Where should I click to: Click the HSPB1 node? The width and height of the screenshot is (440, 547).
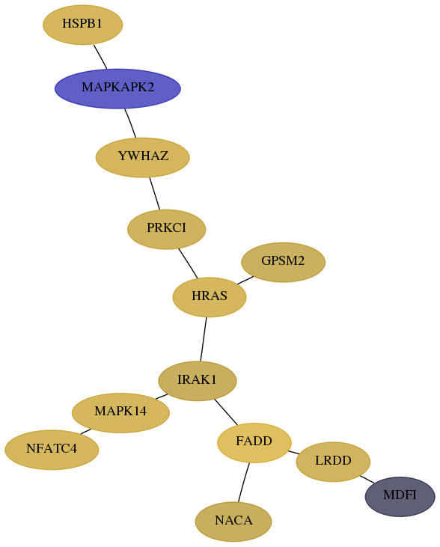[83, 25]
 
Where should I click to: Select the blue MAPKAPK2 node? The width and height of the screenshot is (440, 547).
[117, 88]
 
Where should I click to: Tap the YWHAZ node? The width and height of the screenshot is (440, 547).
[143, 157]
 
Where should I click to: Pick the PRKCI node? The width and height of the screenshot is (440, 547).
[166, 229]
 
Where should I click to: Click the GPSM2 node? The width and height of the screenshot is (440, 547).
[284, 263]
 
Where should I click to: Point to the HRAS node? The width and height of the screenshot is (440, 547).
[210, 297]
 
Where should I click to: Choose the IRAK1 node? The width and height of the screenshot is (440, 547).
[198, 381]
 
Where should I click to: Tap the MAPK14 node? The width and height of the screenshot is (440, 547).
[120, 413]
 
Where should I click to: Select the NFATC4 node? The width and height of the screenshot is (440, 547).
[52, 450]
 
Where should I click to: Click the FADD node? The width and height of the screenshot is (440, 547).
[254, 443]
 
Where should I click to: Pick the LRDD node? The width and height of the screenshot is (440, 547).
[333, 462]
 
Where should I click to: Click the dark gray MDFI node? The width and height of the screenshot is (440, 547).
[400, 497]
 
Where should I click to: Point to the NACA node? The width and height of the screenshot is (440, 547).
[233, 522]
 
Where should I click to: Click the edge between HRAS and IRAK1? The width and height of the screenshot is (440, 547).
[204, 339]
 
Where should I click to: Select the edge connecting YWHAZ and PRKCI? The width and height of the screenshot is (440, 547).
[155, 194]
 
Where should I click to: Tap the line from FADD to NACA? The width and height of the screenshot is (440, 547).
[244, 483]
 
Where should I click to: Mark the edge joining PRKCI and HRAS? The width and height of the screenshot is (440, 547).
[188, 263]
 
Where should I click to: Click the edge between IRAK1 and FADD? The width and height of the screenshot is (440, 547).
[226, 412]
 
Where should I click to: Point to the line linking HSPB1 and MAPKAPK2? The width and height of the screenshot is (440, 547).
[100, 57]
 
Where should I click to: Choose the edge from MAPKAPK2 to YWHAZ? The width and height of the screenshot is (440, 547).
[130, 123]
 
